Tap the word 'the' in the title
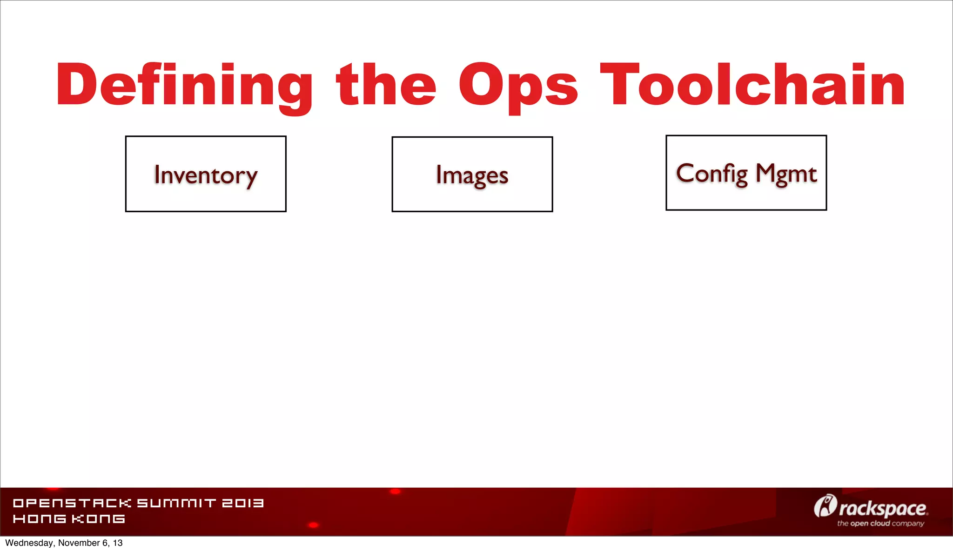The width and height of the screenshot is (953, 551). point(386,84)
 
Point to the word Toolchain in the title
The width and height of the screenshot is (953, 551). point(752,84)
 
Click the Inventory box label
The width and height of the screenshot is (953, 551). point(206,175)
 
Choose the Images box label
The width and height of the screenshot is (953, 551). point(472,175)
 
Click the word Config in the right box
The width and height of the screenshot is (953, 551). point(711,174)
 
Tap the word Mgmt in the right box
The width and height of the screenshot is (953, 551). point(786,174)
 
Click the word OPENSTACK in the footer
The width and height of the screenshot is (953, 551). point(72,503)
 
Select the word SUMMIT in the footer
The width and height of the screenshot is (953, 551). point(176,503)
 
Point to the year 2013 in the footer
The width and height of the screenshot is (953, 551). point(242,503)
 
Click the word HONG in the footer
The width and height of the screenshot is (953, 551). point(39,518)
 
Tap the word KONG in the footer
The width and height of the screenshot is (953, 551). point(98,518)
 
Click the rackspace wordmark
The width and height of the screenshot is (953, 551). point(883,508)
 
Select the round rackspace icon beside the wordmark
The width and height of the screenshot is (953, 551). point(825,506)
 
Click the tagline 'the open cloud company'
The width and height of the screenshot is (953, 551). point(880,524)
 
